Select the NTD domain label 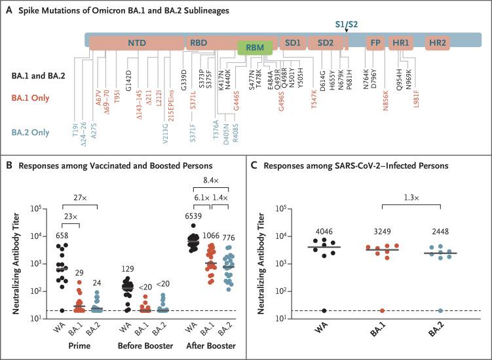click(x=137, y=43)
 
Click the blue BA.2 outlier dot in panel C click(x=422, y=311)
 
